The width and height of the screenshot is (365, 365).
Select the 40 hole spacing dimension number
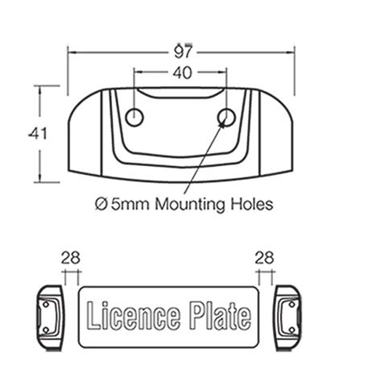(181, 73)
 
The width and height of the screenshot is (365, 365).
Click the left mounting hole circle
(135, 117)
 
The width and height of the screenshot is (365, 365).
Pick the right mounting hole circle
(226, 117)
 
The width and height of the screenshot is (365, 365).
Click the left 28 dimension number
(71, 257)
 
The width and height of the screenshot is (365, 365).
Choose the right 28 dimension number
(265, 257)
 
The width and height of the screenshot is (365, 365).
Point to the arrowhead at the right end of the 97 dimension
(292, 52)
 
